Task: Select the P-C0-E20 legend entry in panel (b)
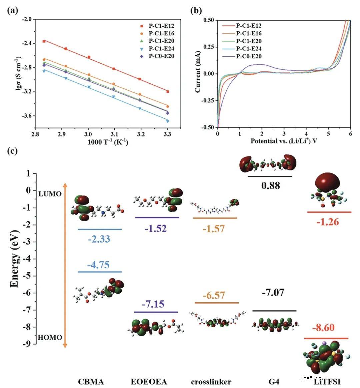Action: click(x=248, y=56)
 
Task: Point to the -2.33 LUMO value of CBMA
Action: click(x=99, y=239)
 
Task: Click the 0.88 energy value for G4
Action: click(x=270, y=185)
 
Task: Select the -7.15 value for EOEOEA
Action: click(x=155, y=304)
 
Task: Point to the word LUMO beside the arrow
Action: click(x=50, y=193)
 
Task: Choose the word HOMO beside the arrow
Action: click(x=50, y=337)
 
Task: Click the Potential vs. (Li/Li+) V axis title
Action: click(x=283, y=141)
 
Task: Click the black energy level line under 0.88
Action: click(x=270, y=176)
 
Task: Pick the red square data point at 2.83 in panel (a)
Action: click(x=44, y=41)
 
